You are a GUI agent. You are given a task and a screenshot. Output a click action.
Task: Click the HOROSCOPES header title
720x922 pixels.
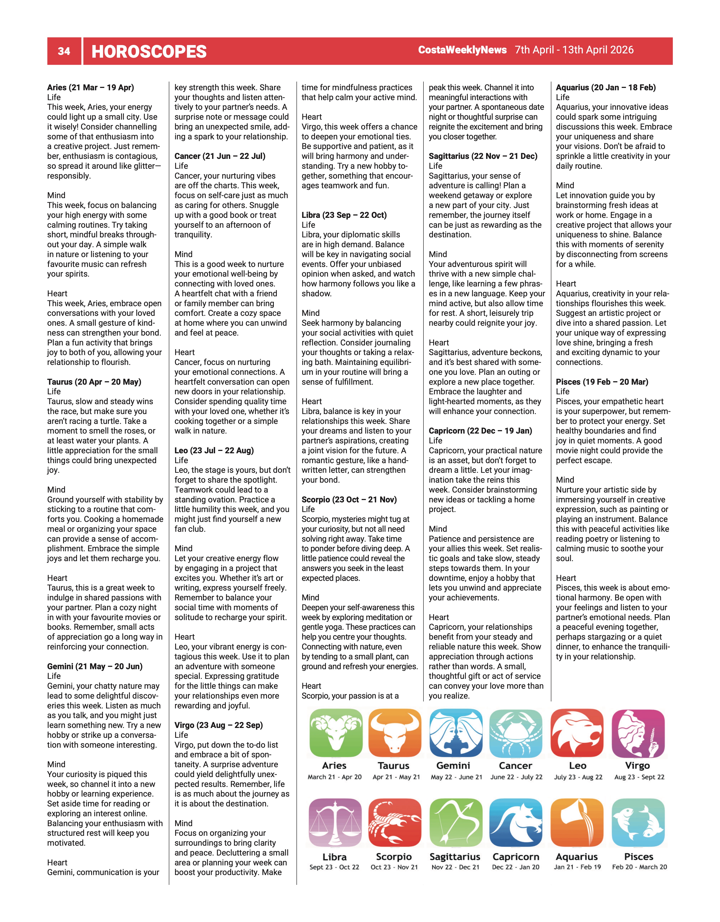pos(149,51)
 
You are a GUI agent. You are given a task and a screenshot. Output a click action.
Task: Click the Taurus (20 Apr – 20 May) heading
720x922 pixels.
pos(94,382)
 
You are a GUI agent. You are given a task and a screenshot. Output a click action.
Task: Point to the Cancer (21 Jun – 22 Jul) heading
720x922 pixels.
pos(220,156)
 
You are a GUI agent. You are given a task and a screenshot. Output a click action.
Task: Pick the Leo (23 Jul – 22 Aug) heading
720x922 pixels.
pos(214,450)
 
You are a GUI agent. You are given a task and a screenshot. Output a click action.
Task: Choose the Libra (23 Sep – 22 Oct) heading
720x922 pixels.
pos(344,215)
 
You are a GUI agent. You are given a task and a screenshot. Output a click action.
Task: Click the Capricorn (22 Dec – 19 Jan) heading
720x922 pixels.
pos(480,431)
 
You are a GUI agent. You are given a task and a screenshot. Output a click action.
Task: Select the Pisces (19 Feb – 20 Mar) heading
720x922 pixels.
pos(602,382)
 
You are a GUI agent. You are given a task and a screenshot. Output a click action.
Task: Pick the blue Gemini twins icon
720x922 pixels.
pos(456,733)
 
